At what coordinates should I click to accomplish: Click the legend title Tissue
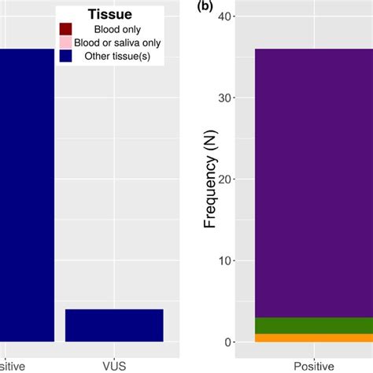pyautogui.click(x=110, y=15)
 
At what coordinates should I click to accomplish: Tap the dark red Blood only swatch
pyautogui.click(x=66, y=29)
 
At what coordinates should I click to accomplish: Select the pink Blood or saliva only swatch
pyautogui.click(x=66, y=42)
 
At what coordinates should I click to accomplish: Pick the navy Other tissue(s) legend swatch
pyautogui.click(x=66, y=56)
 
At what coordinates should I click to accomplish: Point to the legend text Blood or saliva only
pyautogui.click(x=115, y=42)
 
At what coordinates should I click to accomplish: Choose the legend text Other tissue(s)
pyautogui.click(x=115, y=56)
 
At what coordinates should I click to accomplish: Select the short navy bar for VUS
pyautogui.click(x=114, y=325)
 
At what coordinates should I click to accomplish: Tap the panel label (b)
pyautogui.click(x=206, y=6)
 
